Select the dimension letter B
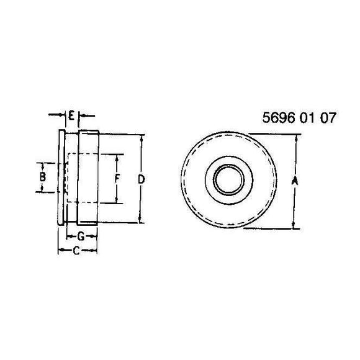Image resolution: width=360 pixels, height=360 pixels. pyautogui.click(x=42, y=178)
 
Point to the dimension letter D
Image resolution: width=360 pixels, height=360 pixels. pyautogui.click(x=142, y=179)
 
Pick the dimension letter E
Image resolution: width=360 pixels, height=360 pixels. pyautogui.click(x=72, y=115)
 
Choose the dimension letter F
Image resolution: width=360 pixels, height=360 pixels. pyautogui.click(x=117, y=179)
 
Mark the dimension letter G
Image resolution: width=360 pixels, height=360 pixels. pyautogui.click(x=81, y=236)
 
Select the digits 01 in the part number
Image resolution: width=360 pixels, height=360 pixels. pyautogui.click(x=305, y=118)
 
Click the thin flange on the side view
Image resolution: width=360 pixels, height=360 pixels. pyautogui.click(x=61, y=179)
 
